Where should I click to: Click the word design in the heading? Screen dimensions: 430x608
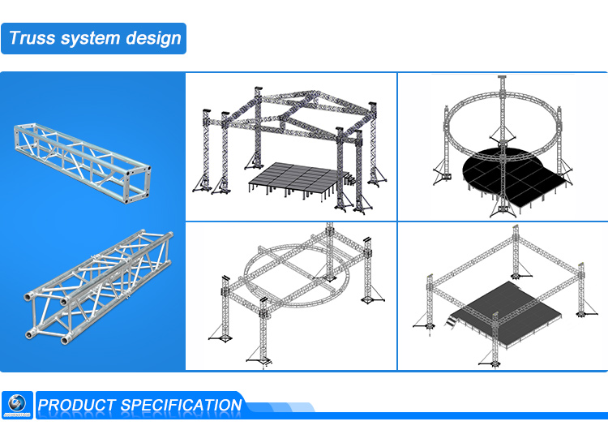pos(154,38)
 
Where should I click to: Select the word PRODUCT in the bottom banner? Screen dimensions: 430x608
pos(78,405)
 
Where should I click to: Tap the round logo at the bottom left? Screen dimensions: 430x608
pos(17,404)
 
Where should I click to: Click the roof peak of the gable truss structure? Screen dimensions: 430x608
pos(310,88)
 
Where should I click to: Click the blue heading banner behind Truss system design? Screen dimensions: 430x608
pos(94,38)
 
